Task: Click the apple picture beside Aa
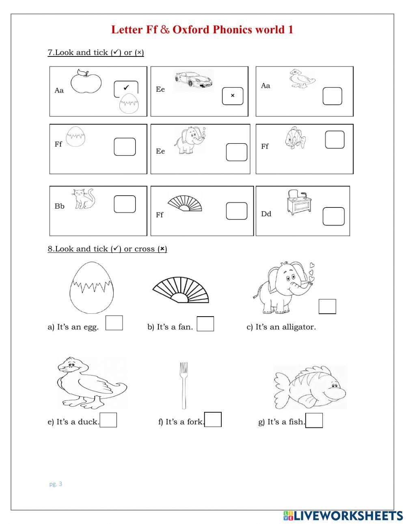click(x=86, y=82)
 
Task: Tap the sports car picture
click(x=193, y=80)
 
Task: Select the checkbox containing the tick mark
click(x=126, y=88)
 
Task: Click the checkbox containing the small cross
click(x=233, y=96)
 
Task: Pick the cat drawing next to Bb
click(x=84, y=199)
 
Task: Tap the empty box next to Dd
click(x=333, y=216)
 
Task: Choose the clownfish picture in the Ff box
click(x=295, y=138)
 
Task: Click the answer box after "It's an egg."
click(x=114, y=323)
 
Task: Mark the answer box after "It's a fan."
click(x=205, y=324)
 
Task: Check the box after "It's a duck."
click(x=108, y=420)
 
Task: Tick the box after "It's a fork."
click(x=213, y=420)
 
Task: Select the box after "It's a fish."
click(x=314, y=420)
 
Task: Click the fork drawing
click(x=184, y=385)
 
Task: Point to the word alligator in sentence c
click(x=299, y=327)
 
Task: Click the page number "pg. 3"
click(x=56, y=484)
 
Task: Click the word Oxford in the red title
click(x=191, y=30)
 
